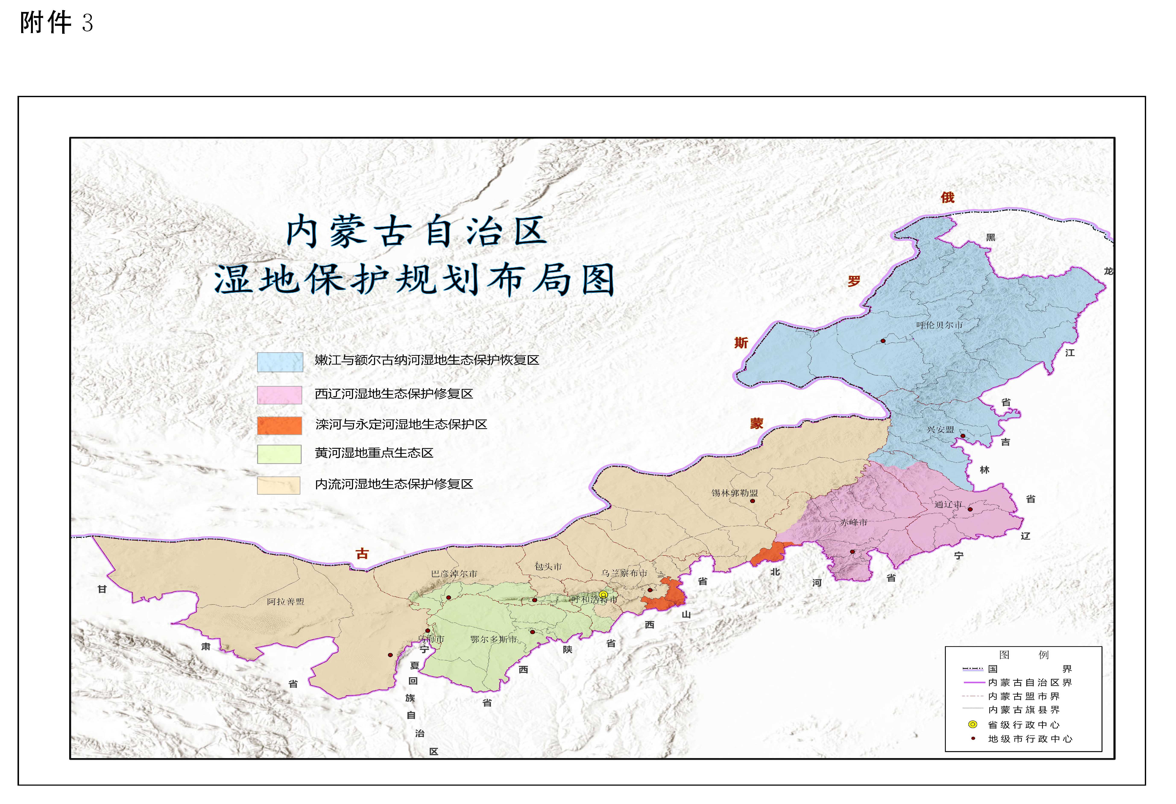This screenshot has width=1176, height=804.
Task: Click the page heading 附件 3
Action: tap(56, 23)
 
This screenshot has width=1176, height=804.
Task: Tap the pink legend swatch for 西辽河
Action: tap(279, 395)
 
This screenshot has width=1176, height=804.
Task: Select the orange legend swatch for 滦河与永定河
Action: tap(279, 425)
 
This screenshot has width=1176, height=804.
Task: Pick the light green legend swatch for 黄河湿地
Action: tap(279, 454)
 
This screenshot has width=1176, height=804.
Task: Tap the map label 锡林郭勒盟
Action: tap(735, 492)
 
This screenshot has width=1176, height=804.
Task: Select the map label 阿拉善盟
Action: tap(286, 602)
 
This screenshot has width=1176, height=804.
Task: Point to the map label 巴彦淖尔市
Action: tap(454, 574)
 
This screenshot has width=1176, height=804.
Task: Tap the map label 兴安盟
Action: tap(940, 430)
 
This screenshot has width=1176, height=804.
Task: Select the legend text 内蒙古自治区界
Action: tap(1030, 683)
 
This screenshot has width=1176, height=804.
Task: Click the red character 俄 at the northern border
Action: tap(947, 197)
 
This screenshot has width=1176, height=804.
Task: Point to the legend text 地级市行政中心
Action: tap(1030, 739)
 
